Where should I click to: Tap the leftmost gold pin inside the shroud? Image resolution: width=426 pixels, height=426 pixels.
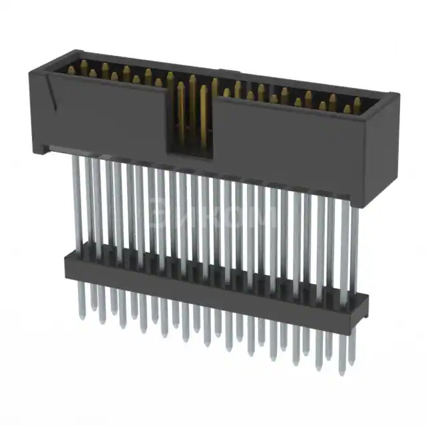[72, 69]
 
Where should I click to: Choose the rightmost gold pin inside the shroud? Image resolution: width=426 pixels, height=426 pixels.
[357, 105]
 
